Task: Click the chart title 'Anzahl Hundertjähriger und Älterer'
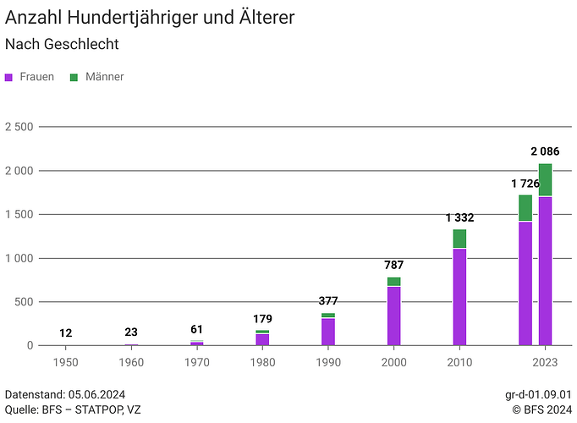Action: pos(150,17)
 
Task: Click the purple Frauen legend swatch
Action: pos(9,77)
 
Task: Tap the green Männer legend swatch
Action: pos(74,77)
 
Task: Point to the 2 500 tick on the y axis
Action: pos(18,127)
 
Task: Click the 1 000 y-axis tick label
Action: pos(18,258)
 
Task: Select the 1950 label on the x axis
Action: pos(65,362)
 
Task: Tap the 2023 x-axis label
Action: pos(545,362)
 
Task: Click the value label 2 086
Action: pos(546,151)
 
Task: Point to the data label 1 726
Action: pos(525,184)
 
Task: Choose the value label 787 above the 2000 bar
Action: pos(393,266)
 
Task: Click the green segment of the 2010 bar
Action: pos(459,239)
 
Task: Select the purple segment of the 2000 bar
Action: pos(393,316)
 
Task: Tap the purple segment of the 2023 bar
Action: pos(545,271)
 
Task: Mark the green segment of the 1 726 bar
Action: pos(525,208)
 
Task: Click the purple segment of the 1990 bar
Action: pos(328,332)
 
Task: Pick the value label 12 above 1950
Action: pos(65,332)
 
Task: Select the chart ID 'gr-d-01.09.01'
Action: pos(538,394)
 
